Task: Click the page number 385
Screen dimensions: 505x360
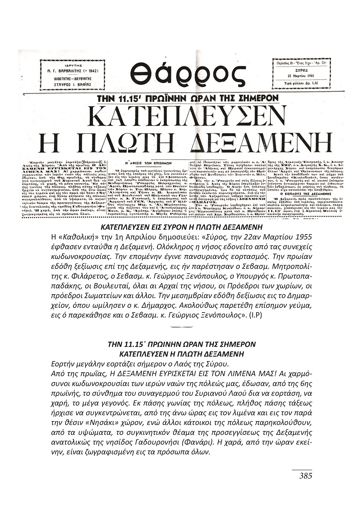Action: [305, 476]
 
